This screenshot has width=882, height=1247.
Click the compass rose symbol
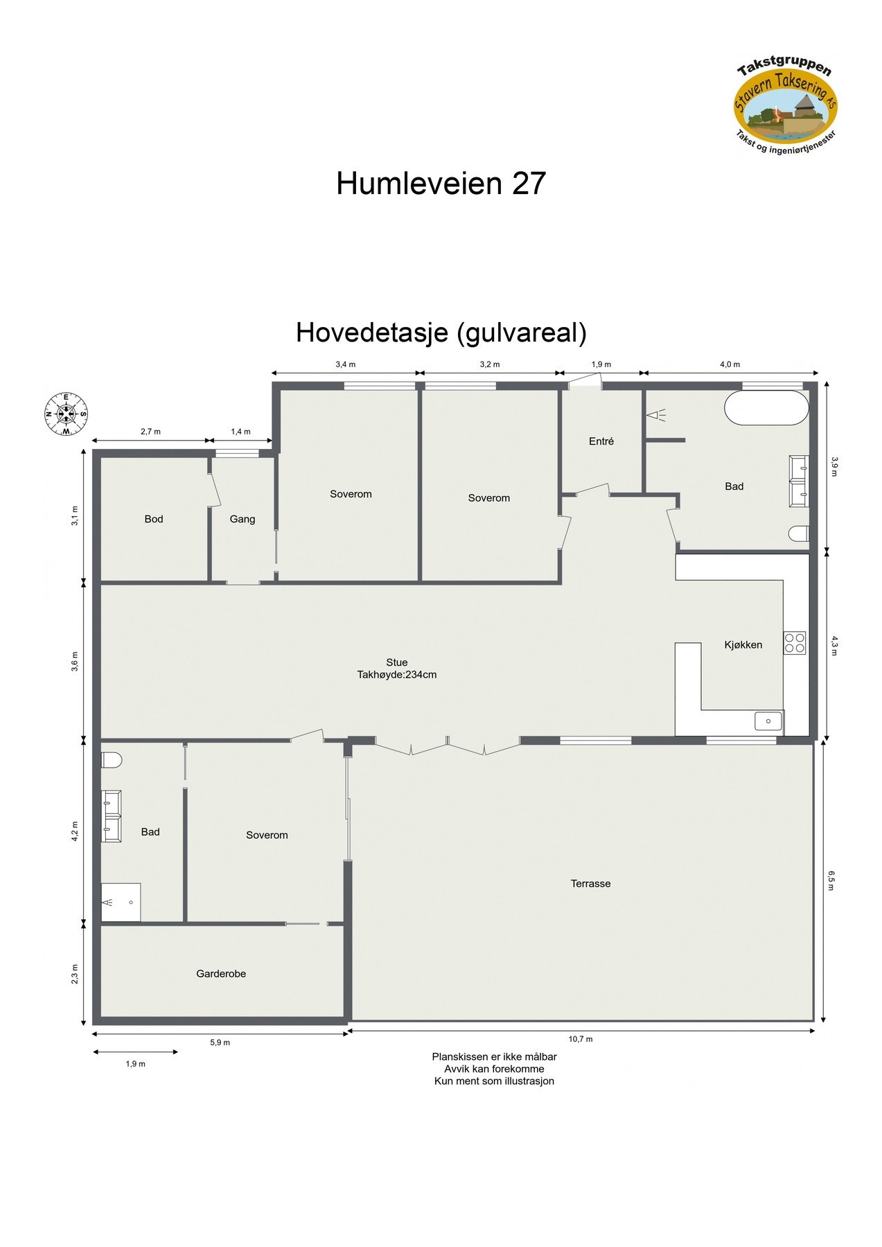(66, 414)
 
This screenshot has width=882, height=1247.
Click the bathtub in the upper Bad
(766, 408)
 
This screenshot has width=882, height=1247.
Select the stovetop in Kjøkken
(794, 643)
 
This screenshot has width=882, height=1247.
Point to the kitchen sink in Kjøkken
(768, 720)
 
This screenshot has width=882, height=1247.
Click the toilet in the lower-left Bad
(111, 760)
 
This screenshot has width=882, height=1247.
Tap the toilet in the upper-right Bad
(799, 533)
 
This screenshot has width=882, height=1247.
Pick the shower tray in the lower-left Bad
(121, 902)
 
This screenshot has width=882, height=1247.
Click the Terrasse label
(590, 883)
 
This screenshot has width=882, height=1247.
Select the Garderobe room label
(221, 973)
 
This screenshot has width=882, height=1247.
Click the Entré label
(601, 441)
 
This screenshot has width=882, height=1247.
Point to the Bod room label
(154, 519)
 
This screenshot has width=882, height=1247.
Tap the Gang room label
(242, 519)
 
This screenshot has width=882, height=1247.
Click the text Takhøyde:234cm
(397, 675)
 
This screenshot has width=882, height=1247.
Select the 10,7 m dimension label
(581, 1039)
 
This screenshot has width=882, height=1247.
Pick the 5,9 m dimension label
(220, 1043)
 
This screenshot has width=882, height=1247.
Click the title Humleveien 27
(441, 184)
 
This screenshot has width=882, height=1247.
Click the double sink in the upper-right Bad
(799, 477)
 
